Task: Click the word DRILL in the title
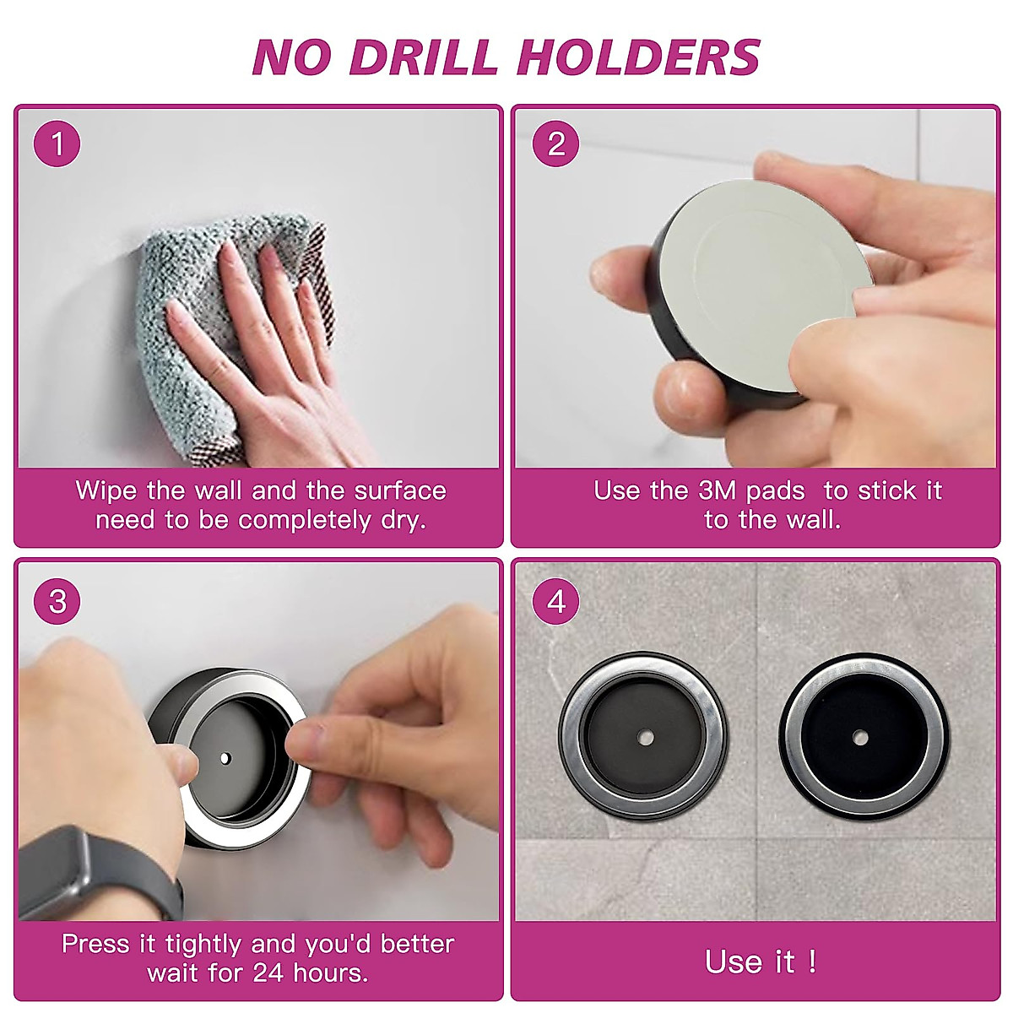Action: tap(423, 57)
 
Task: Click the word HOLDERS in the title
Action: tap(638, 57)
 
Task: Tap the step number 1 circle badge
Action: tap(57, 144)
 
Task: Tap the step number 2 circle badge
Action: tap(555, 144)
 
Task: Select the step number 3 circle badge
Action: tap(57, 602)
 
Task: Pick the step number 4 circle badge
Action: tap(555, 602)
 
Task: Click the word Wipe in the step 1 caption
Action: tap(106, 490)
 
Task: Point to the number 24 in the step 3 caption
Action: tap(268, 972)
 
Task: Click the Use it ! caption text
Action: tap(760, 962)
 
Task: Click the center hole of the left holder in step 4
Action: tap(645, 739)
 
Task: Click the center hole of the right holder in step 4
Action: tap(860, 739)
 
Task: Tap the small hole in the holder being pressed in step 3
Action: tap(225, 758)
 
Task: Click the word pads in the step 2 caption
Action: tap(775, 490)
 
